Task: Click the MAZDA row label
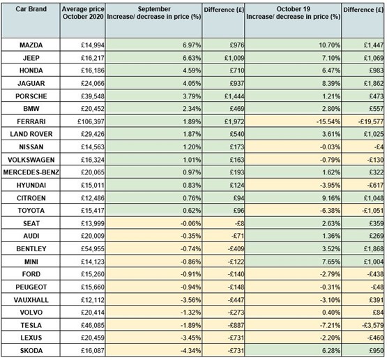[x=31, y=45]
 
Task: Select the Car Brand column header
[x=31, y=9]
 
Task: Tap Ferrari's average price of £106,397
[x=91, y=121]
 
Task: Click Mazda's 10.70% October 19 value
[x=330, y=45]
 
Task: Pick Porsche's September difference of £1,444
[x=234, y=96]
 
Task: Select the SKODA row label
[x=31, y=351]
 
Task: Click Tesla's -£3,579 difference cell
[x=372, y=325]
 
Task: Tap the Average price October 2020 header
[x=83, y=13]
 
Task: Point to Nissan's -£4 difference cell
[x=379, y=147]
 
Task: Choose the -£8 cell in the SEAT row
[x=239, y=223]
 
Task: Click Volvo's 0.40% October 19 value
[x=331, y=313]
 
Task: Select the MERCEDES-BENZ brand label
[x=31, y=172]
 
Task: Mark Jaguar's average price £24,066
[x=93, y=84]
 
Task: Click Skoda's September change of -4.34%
[x=190, y=351]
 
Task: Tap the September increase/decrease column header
[x=154, y=13]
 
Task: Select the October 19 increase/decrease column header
[x=293, y=13]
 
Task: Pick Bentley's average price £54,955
[x=93, y=249]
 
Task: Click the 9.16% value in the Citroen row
[x=331, y=198]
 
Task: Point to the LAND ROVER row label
[x=31, y=134]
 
